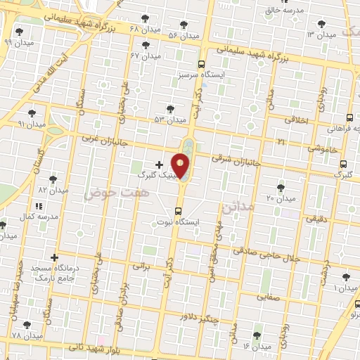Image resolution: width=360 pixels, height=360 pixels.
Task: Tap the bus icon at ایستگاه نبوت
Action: point(177,210)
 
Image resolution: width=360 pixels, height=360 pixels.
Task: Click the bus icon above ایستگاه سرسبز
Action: point(202,63)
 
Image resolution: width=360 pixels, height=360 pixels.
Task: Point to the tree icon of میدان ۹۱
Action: point(31,112)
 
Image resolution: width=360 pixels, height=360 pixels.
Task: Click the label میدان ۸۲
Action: point(53,190)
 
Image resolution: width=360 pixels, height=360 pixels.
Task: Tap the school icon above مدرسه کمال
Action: point(38,206)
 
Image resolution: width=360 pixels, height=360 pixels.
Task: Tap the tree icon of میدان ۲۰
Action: point(281,187)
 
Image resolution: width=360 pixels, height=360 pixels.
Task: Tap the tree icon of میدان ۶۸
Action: point(146,18)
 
